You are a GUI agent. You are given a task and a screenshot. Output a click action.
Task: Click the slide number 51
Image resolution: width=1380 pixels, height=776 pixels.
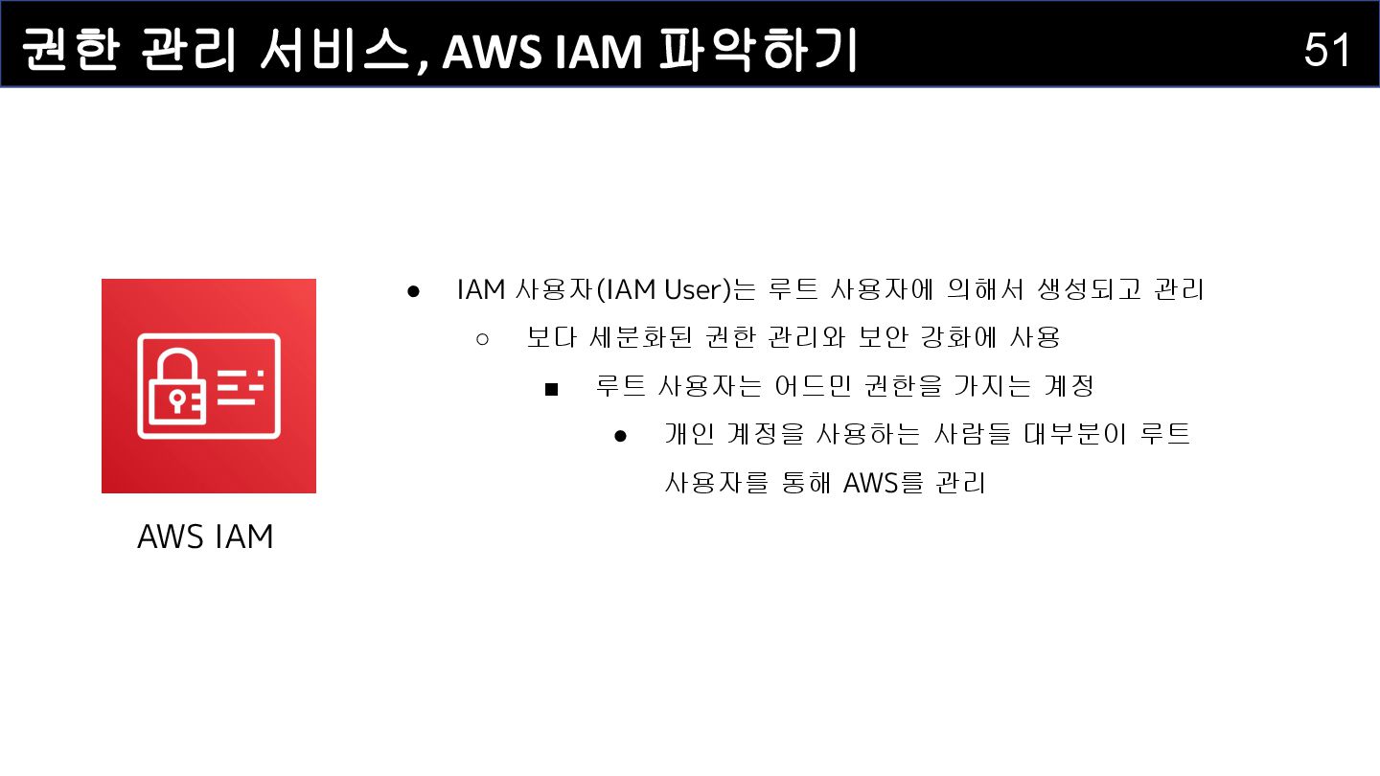(x=1327, y=49)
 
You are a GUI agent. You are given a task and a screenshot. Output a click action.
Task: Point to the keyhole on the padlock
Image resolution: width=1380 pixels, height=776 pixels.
(x=176, y=398)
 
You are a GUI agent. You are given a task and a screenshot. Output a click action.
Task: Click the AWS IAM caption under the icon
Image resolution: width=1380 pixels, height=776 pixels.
(x=205, y=536)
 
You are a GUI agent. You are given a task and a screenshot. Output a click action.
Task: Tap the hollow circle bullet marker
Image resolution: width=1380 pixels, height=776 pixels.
(x=482, y=338)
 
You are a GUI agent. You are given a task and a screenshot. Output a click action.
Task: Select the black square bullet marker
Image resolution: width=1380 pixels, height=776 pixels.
(x=551, y=388)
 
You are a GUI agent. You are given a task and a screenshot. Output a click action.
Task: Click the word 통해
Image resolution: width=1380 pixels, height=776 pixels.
(x=808, y=484)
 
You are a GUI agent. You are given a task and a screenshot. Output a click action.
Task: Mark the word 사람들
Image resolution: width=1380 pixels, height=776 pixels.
(x=966, y=435)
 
